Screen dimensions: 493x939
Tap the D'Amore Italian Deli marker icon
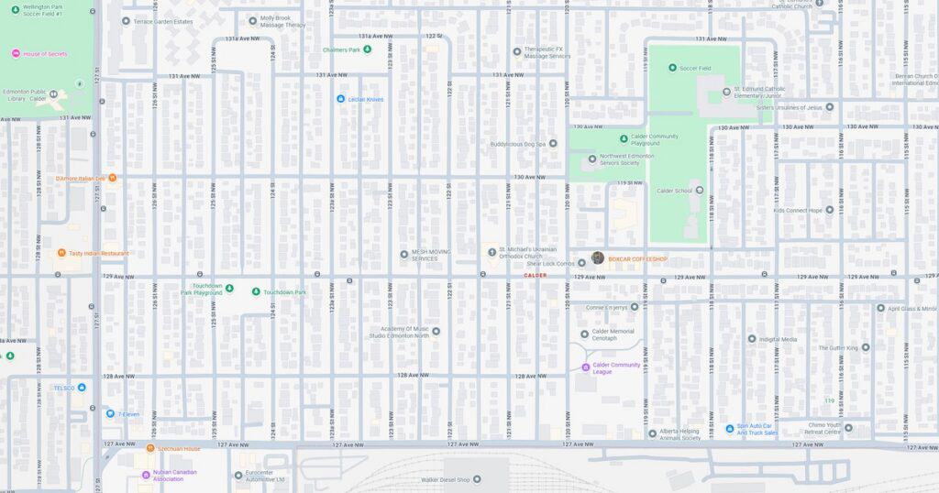[x=113, y=178]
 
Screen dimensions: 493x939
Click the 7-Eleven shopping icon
[x=110, y=413]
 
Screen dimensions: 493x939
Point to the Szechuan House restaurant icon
[x=150, y=448]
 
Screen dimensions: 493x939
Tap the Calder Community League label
[x=616, y=367]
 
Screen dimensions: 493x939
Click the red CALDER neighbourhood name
[x=535, y=275]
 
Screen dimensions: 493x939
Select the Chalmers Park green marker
[x=368, y=49]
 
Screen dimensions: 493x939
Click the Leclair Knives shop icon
[x=340, y=99]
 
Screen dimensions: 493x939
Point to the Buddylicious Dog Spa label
[x=517, y=144]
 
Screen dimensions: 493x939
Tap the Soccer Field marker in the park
[x=672, y=68]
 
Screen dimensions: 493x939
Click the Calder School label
[x=674, y=191]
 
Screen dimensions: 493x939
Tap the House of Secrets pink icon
[x=16, y=54]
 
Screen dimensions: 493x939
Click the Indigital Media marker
[x=752, y=339]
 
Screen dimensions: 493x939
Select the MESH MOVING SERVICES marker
[x=403, y=255]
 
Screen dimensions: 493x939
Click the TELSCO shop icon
[x=82, y=388]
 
